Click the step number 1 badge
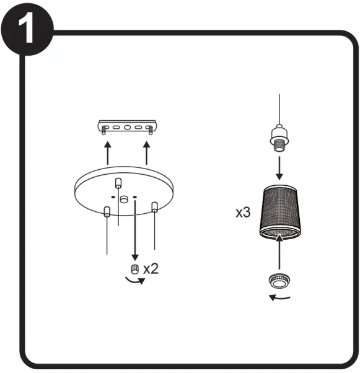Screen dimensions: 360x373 point(27,29)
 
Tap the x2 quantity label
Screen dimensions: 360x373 point(151,269)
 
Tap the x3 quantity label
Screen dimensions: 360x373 point(243,212)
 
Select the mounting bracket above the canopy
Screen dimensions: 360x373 point(127,127)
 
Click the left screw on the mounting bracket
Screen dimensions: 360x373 point(103,130)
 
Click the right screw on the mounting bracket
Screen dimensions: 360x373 point(151,130)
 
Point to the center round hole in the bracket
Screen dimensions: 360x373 point(127,128)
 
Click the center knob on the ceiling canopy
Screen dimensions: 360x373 point(123,200)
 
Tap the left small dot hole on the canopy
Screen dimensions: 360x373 point(113,197)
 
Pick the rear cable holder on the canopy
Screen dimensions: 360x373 point(118,183)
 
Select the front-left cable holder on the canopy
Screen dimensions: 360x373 point(107,211)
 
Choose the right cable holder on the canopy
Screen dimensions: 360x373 point(155,207)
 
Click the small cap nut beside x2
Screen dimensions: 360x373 point(134,269)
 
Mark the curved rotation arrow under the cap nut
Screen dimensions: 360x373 point(135,281)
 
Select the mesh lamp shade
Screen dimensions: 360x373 point(279,212)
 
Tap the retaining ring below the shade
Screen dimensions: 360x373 point(279,281)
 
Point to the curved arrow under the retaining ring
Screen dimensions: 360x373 point(279,298)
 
